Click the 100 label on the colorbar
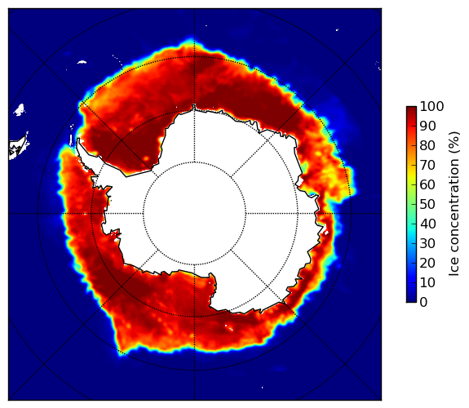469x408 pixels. coord(431,106)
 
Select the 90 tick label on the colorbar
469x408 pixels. coord(427,126)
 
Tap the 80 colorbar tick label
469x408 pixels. coord(427,145)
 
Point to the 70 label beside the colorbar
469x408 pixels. coord(427,165)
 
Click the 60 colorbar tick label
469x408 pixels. coord(427,184)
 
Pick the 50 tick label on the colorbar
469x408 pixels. coord(427,205)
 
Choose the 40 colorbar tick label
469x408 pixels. coord(427,224)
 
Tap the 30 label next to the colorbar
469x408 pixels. coord(427,244)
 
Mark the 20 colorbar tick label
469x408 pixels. coord(427,263)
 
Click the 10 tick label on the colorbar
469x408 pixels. coord(427,282)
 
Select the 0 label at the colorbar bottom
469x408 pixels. coord(423,303)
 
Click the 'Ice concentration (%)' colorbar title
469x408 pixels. coord(454,204)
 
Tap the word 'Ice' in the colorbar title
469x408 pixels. coord(454,268)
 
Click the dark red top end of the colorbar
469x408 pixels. coord(411,109)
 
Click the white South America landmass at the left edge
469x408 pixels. coord(19,147)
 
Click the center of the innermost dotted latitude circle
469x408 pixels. coord(194,213)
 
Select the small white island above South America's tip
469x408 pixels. coord(20,109)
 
